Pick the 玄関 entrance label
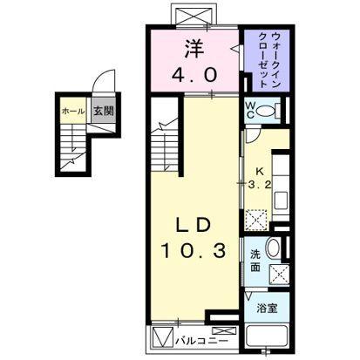click(x=101, y=112)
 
